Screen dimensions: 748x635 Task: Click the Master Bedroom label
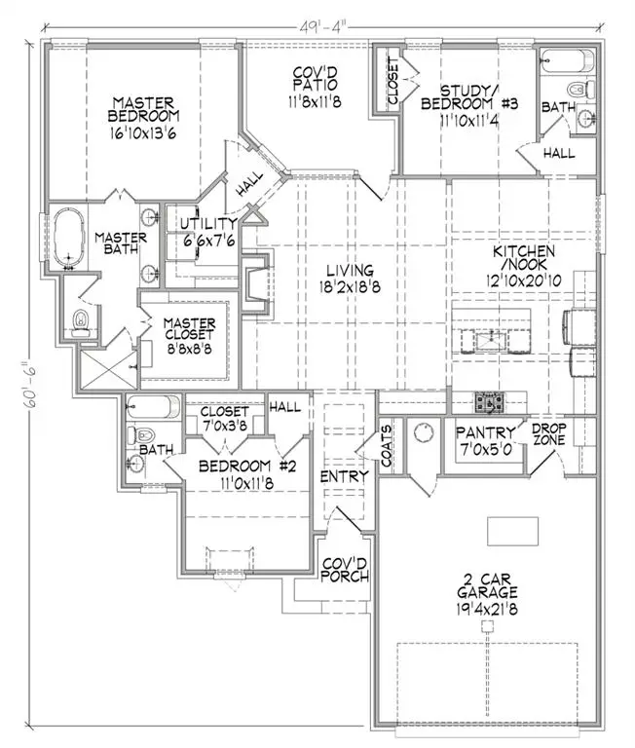tap(143, 109)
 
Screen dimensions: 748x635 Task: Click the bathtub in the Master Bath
tap(68, 237)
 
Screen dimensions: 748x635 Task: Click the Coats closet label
tap(388, 443)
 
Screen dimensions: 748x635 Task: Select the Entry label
tap(345, 476)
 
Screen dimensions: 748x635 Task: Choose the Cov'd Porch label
tap(345, 570)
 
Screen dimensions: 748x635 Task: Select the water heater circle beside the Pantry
tap(424, 430)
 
